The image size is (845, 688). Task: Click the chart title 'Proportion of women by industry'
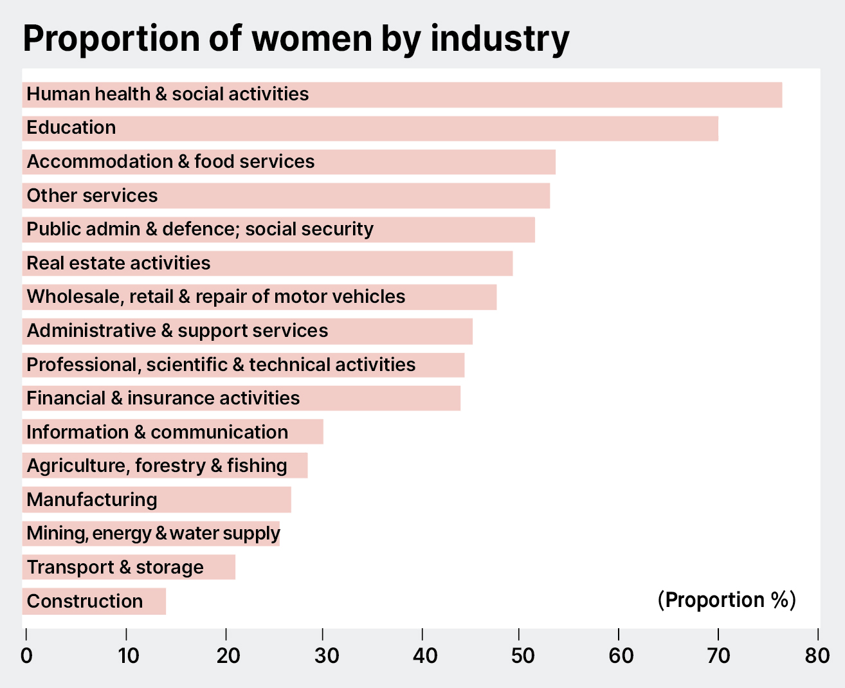(296, 39)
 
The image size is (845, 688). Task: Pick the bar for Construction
(154, 602)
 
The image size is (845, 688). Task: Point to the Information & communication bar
(306, 432)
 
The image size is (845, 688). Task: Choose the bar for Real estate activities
(360, 264)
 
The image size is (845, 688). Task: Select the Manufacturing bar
(225, 500)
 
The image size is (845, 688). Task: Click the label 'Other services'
(92, 195)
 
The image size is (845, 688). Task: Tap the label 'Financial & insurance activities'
(163, 399)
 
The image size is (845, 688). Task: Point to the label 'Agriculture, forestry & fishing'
(157, 466)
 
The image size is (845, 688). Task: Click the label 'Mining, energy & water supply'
(153, 534)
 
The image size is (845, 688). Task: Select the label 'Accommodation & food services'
(170, 161)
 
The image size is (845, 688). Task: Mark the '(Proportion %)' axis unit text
(727, 600)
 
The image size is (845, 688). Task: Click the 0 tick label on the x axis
(26, 656)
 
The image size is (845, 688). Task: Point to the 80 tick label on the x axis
(817, 656)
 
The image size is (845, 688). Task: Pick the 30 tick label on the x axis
(326, 656)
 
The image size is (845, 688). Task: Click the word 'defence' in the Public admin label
(198, 230)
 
